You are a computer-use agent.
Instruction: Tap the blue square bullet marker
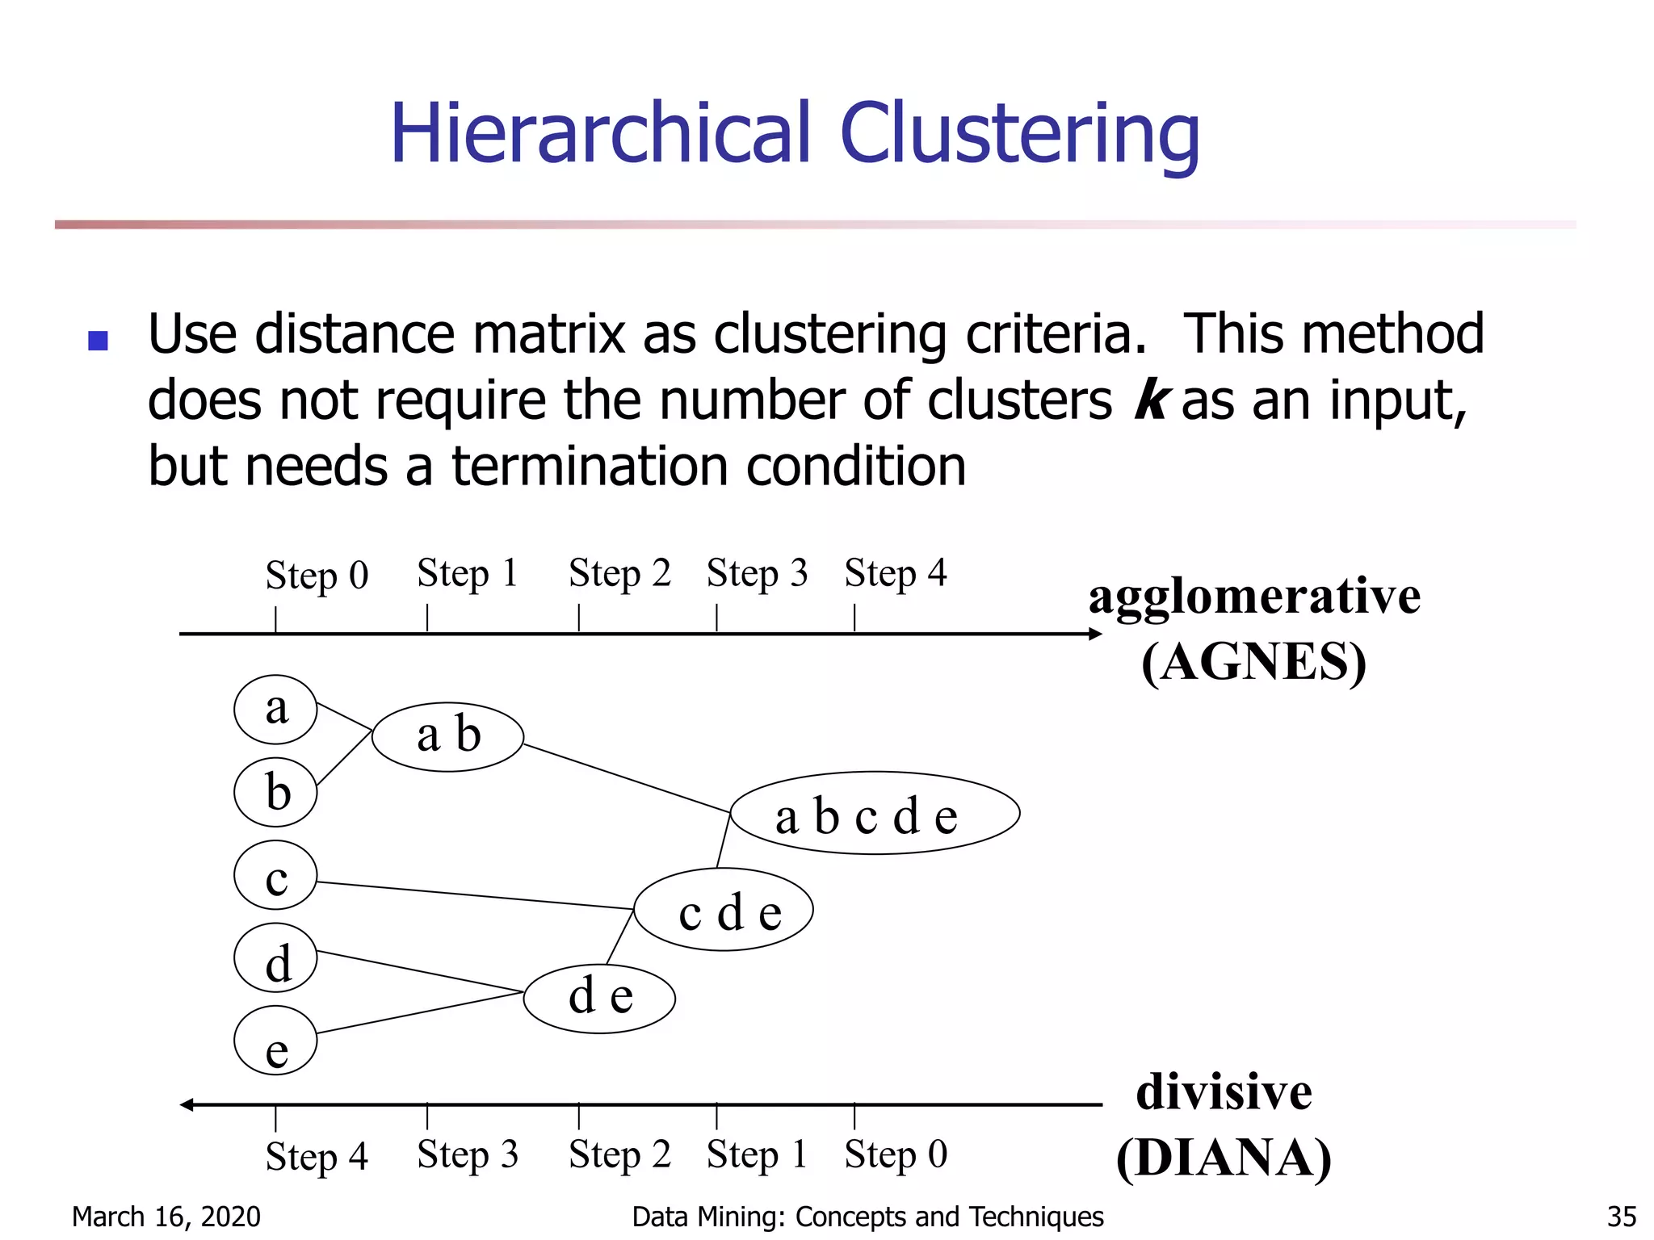(x=98, y=341)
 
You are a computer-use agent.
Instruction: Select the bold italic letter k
(x=1150, y=400)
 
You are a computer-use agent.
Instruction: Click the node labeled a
(x=275, y=710)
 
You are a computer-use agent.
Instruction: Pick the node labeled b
(x=275, y=792)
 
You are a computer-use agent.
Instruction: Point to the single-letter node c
(x=275, y=875)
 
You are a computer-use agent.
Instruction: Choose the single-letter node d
(x=275, y=958)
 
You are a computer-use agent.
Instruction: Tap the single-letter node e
(x=275, y=1041)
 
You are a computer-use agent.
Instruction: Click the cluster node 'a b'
(x=447, y=736)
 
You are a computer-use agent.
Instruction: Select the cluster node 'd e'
(x=599, y=998)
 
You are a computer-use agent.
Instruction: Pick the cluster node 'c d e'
(x=724, y=910)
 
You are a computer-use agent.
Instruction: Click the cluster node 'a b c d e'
(x=875, y=814)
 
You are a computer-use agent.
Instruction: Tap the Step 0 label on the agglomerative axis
(x=317, y=576)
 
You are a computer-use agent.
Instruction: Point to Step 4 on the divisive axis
(x=317, y=1156)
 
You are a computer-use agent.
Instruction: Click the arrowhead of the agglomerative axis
(x=1095, y=634)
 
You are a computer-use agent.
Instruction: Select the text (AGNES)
(x=1253, y=662)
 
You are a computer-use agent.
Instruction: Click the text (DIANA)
(x=1224, y=1158)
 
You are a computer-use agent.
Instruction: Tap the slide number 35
(x=1622, y=1217)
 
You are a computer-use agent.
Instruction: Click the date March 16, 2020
(x=166, y=1217)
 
